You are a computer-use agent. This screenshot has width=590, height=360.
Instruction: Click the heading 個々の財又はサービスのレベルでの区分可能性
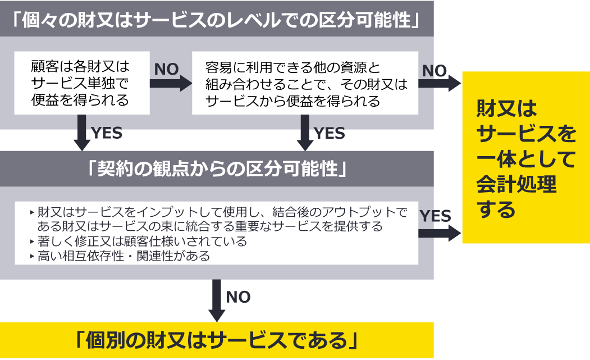click(x=217, y=20)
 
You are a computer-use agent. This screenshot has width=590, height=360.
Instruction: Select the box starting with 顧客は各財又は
click(x=81, y=83)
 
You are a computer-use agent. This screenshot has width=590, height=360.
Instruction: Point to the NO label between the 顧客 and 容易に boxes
click(x=166, y=69)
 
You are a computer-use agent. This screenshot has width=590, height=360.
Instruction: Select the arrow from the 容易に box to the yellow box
click(x=440, y=84)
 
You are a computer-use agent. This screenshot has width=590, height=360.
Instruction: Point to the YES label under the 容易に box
click(x=330, y=133)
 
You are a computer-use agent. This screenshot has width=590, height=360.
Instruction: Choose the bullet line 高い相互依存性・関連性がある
click(x=123, y=256)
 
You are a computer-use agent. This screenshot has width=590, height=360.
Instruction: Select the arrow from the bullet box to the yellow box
click(x=440, y=234)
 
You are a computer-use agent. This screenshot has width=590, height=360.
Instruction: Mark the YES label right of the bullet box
click(x=435, y=216)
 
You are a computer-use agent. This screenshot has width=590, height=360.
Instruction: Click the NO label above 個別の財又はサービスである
click(x=238, y=297)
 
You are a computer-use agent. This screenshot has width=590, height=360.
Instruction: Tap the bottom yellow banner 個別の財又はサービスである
click(x=217, y=340)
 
